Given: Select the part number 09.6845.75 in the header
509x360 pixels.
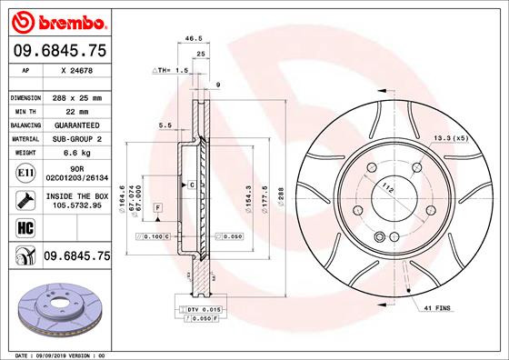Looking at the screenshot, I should click(x=59, y=52).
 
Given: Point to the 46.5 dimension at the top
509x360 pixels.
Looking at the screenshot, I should click(x=193, y=40).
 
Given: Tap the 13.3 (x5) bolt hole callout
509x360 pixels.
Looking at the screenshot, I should click(x=451, y=137).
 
